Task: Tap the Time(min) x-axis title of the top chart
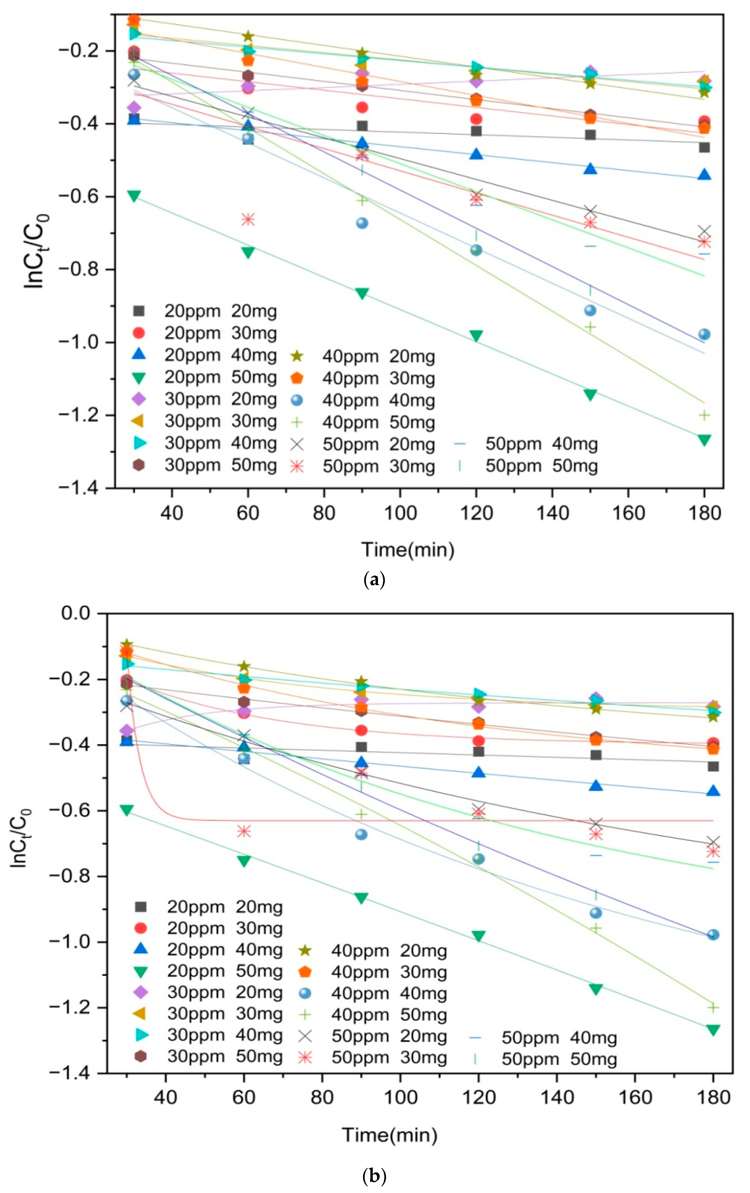pyautogui.click(x=408, y=550)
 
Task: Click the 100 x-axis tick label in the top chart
pyautogui.click(x=400, y=513)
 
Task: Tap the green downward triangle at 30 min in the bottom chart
pyautogui.click(x=127, y=810)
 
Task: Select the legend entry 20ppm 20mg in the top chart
pyautogui.click(x=206, y=311)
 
